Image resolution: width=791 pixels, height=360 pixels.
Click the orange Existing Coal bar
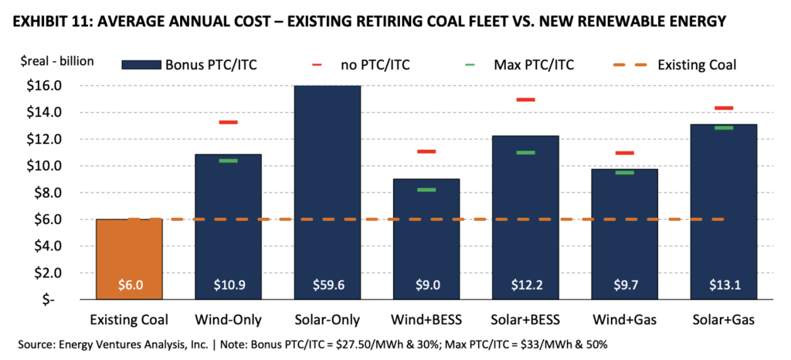click(128, 259)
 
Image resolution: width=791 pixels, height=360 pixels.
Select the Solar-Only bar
click(327, 192)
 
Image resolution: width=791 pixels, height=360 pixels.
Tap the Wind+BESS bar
click(426, 239)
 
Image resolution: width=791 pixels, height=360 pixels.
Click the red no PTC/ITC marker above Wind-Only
click(228, 122)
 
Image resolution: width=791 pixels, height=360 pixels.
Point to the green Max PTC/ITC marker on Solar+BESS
click(525, 152)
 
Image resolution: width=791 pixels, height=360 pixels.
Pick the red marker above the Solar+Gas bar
click(724, 108)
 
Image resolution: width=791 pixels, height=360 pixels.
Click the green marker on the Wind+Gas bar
click(624, 172)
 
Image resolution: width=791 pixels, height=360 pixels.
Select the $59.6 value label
click(327, 284)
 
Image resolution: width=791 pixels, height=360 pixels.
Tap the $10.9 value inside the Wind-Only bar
click(228, 284)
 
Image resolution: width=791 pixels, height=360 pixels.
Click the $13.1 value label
click(724, 284)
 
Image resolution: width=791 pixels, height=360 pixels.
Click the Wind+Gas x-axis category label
click(624, 320)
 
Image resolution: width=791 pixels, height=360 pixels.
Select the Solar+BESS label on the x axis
click(525, 320)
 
